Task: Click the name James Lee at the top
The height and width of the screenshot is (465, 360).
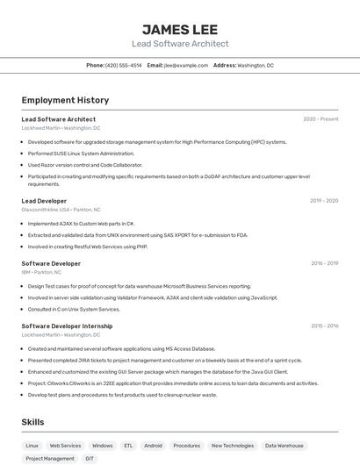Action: tap(180, 29)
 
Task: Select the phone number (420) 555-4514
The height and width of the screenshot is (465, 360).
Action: tap(123, 66)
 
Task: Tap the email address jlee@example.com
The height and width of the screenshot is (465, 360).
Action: tap(185, 66)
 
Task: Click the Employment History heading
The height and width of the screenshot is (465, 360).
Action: tap(65, 100)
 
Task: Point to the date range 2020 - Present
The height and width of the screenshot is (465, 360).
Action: tap(320, 119)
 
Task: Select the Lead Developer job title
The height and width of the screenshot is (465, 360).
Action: tap(44, 201)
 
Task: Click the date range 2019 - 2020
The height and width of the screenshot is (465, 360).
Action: tap(324, 201)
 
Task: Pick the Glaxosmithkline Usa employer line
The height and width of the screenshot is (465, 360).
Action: tap(61, 210)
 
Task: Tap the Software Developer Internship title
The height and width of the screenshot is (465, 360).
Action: tap(67, 325)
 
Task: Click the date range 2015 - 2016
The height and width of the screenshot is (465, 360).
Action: tap(324, 325)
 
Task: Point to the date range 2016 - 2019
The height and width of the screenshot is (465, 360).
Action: tap(324, 263)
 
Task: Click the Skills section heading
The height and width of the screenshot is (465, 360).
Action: tap(32, 422)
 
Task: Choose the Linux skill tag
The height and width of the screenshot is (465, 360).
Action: tap(32, 446)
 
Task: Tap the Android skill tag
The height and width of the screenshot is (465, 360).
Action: tap(153, 446)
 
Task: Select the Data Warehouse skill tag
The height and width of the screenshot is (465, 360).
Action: tap(284, 446)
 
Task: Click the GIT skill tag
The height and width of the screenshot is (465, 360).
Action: tap(90, 458)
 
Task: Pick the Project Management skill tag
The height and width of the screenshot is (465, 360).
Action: tap(50, 458)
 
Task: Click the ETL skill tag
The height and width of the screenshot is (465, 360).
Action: tap(128, 446)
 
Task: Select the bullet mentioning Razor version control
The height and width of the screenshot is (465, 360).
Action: tap(84, 165)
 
